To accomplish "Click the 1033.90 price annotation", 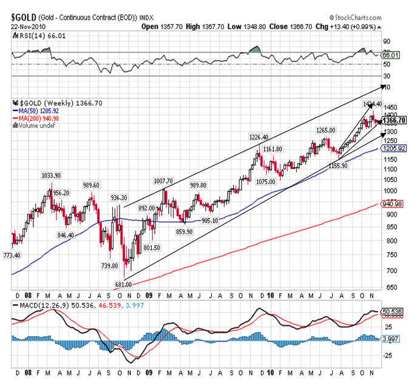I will (51, 175).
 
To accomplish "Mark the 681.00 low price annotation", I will (124, 283).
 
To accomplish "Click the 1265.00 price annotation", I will (326, 130).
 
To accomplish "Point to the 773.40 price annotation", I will (12, 256).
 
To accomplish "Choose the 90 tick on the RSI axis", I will (387, 41).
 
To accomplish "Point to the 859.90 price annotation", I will (185, 232).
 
